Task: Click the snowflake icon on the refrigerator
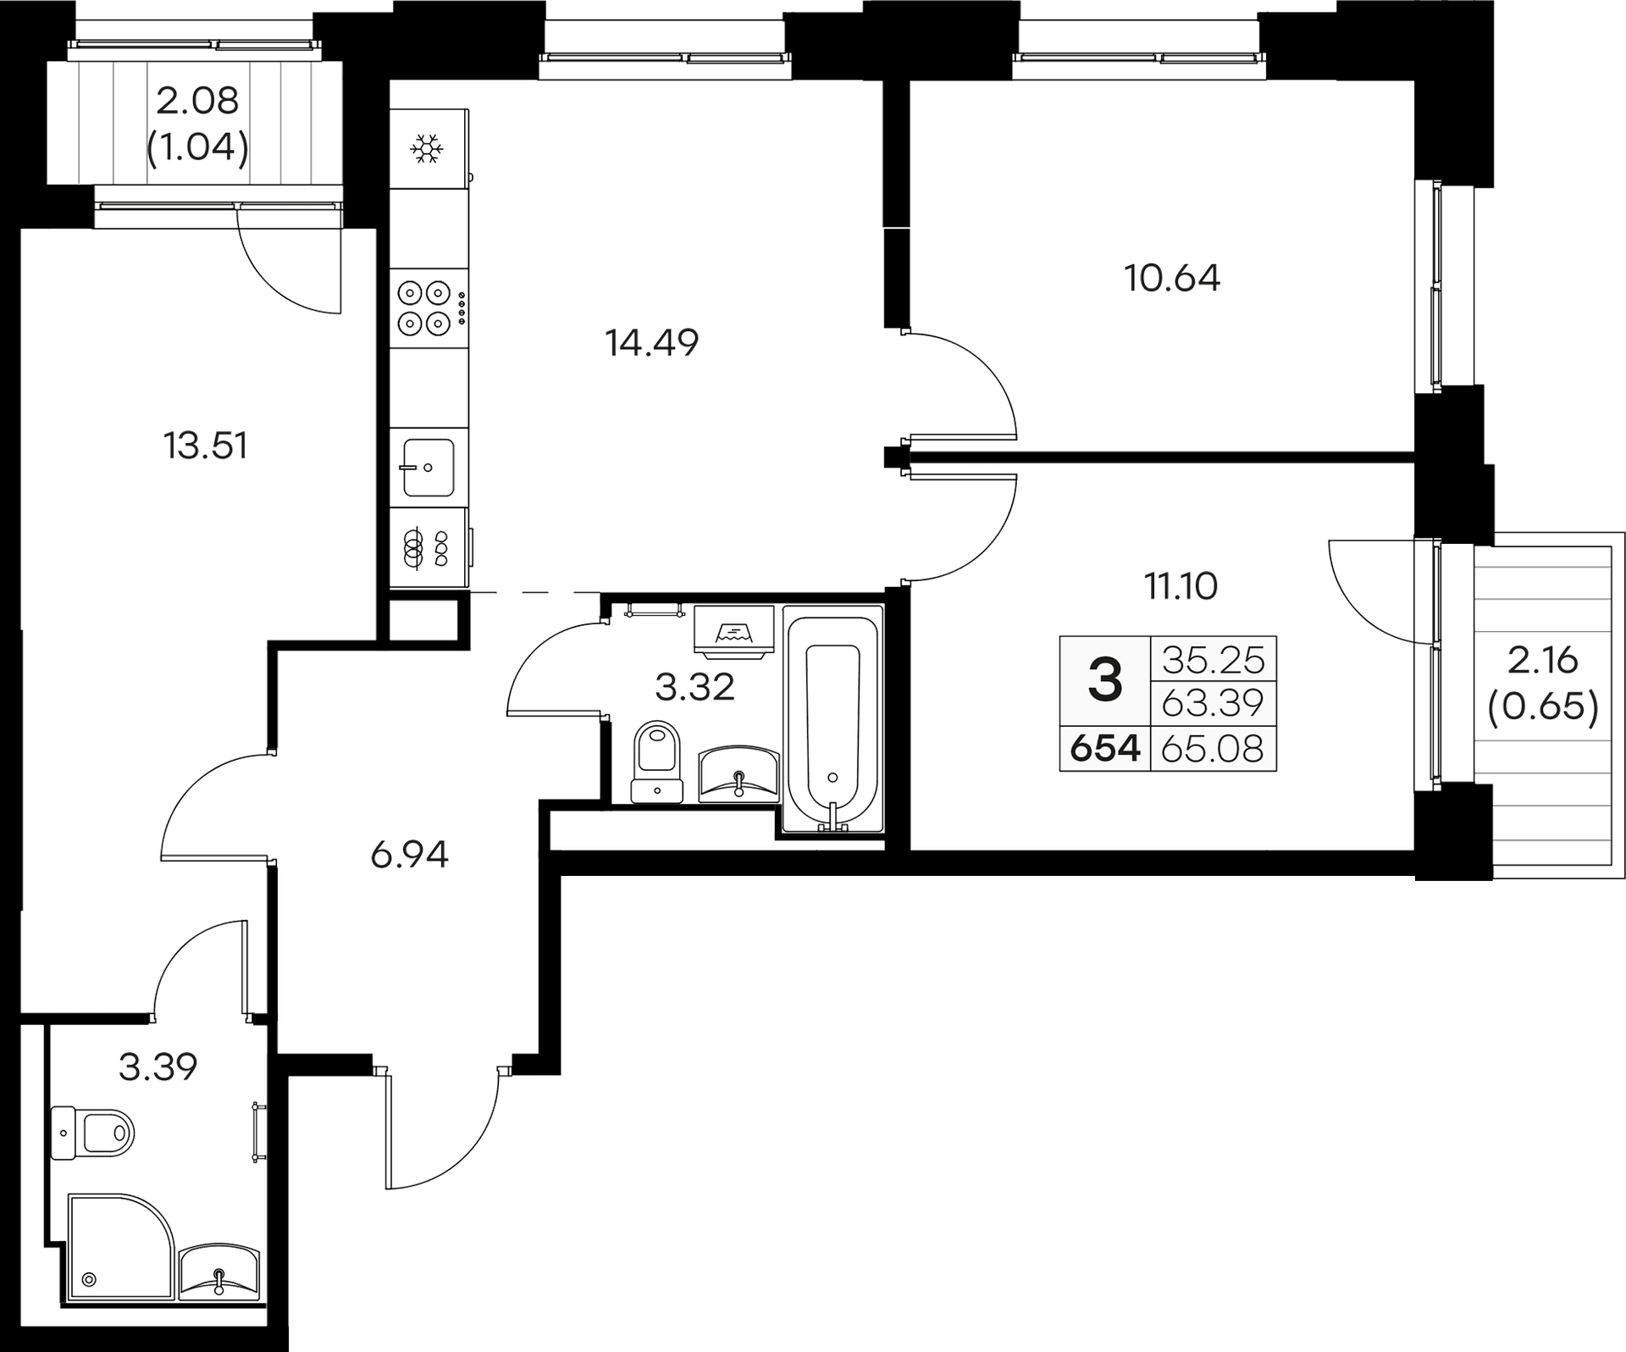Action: tap(427, 150)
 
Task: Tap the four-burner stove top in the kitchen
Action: tap(423, 308)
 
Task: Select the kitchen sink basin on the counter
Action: tap(429, 467)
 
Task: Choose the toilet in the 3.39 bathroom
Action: tap(92, 1133)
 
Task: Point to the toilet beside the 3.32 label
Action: tap(658, 761)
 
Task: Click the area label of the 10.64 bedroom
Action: tap(1172, 278)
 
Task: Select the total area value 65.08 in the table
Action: tap(1213, 749)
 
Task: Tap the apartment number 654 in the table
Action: tap(1105, 749)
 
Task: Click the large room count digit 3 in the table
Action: tap(1105, 680)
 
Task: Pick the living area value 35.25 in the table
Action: tap(1214, 659)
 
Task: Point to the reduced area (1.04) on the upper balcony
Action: tap(198, 149)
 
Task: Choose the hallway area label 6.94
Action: tap(409, 855)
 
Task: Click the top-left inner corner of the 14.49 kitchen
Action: tap(390, 80)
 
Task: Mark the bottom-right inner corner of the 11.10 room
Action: tap(1415, 850)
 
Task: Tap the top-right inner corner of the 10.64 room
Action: tap(1415, 80)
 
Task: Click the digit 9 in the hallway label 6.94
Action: tap(410, 856)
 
